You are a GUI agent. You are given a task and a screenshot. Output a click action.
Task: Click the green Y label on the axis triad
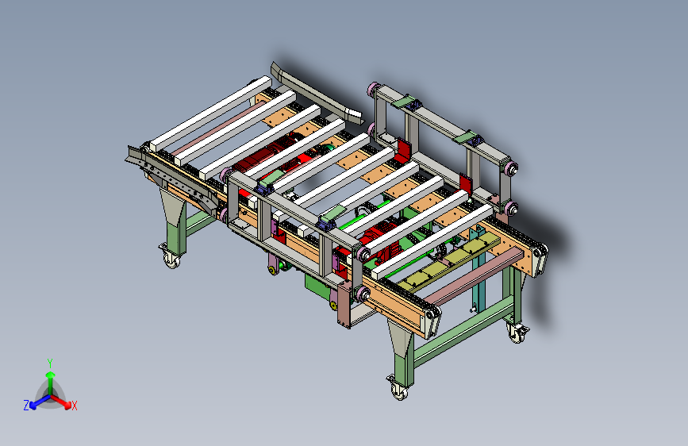[x=50, y=363]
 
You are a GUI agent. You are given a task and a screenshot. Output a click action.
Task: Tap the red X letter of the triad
[x=74, y=406]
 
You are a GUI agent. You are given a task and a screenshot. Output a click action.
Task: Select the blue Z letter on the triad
[x=26, y=406]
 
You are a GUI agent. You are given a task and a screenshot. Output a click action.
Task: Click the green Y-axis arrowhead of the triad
[x=51, y=375]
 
